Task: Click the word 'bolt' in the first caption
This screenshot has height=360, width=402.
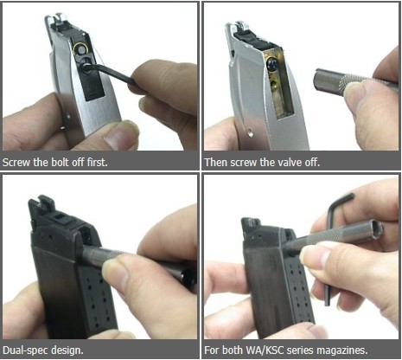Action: coord(61,162)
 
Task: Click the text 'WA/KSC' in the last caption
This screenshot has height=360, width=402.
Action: coord(264,350)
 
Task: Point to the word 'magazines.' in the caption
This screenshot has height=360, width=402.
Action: coord(342,350)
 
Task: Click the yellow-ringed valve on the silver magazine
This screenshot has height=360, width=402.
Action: coord(80,49)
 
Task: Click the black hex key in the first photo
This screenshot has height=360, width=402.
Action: coord(111,74)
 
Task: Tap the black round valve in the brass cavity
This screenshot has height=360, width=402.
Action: coord(271,64)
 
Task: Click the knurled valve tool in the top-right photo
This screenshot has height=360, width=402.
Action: coord(354,81)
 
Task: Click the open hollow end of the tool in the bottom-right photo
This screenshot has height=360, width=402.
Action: coord(376,228)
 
